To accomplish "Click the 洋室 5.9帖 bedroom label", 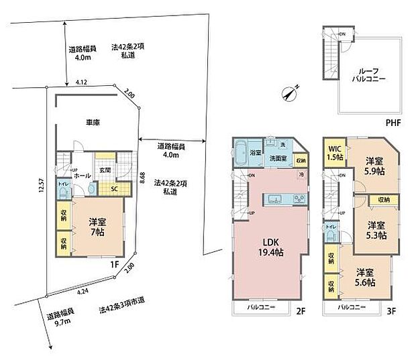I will tap(374, 166).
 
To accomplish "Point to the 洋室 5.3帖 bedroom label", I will tap(375, 230).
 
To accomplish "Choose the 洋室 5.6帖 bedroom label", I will tap(365, 277).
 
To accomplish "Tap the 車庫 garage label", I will tap(93, 123).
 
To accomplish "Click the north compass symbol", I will tap(291, 95).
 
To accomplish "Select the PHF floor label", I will tap(394, 123).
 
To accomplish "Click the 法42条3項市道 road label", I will tap(125, 310).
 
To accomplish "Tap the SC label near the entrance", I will tap(114, 188).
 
